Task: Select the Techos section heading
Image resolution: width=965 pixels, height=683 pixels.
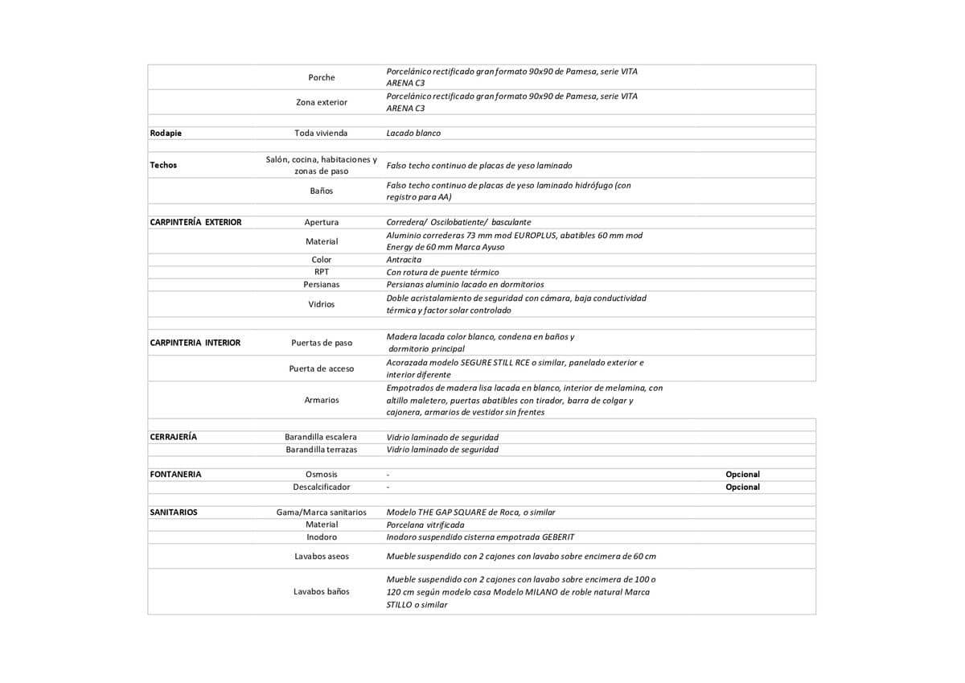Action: (x=163, y=165)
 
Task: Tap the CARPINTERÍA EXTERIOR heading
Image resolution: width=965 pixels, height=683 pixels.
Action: (x=195, y=222)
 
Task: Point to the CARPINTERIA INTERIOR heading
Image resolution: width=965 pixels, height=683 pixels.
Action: (x=195, y=343)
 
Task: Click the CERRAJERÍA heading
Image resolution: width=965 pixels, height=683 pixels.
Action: (x=173, y=437)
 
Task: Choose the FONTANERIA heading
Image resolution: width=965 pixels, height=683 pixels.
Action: (x=175, y=475)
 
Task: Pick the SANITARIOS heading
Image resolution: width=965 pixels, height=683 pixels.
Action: (x=173, y=512)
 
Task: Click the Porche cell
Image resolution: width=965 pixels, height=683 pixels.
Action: (x=322, y=77)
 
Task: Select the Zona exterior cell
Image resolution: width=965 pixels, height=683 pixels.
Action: (x=322, y=102)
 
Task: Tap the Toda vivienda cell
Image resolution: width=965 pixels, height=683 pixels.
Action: (x=322, y=133)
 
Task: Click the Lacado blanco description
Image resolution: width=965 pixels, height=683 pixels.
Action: (x=413, y=133)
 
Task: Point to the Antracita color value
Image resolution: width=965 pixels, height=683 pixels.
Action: (x=404, y=260)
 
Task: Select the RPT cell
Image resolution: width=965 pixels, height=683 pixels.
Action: (x=322, y=272)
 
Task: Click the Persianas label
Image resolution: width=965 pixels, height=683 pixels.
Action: (x=322, y=285)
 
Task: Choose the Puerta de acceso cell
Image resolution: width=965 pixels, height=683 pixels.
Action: (x=322, y=368)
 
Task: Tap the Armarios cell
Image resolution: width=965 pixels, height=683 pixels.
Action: (x=322, y=400)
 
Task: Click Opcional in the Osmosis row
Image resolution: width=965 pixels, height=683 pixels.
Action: (x=742, y=475)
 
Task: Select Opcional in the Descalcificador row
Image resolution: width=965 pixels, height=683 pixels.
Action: (x=742, y=487)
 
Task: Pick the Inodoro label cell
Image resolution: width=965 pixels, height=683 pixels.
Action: (x=322, y=537)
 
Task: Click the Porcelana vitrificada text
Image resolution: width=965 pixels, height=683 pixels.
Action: (x=425, y=525)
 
